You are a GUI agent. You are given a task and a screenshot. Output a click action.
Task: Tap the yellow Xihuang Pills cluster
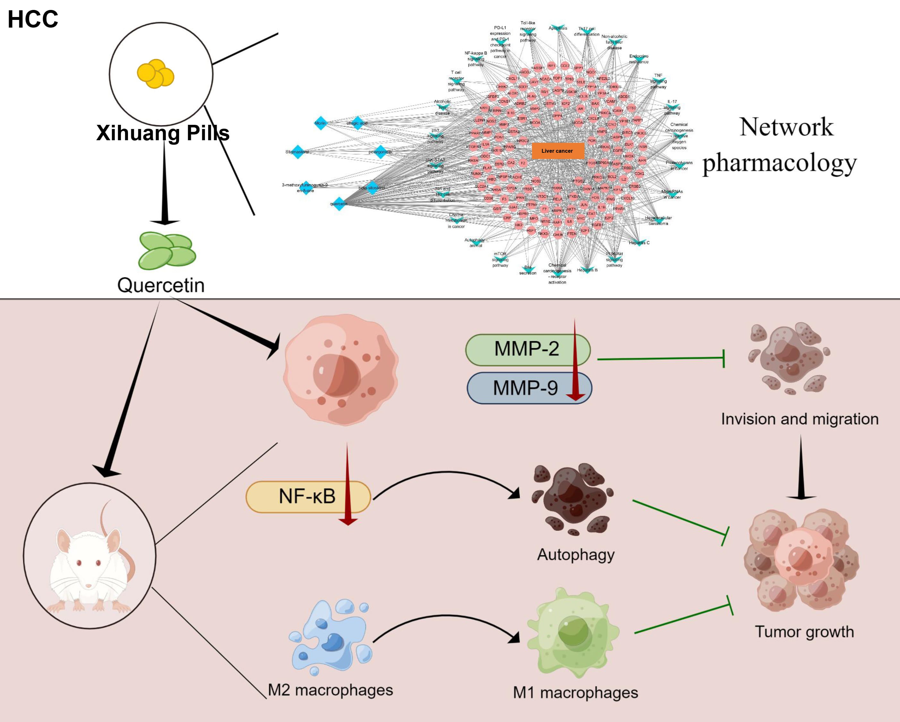click(155, 74)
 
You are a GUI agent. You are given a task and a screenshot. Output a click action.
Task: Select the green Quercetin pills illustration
click(167, 251)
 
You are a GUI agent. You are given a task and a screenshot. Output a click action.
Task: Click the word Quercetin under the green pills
click(161, 285)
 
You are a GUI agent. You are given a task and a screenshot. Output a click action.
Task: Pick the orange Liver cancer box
click(557, 151)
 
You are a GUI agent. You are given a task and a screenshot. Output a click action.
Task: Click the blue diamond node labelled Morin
click(321, 123)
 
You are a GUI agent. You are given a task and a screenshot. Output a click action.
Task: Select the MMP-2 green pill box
click(527, 349)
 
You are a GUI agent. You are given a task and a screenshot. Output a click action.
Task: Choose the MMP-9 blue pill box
click(526, 388)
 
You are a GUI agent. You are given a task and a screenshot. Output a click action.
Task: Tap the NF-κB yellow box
click(308, 496)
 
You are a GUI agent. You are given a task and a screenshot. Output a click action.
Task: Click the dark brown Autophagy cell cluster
click(572, 499)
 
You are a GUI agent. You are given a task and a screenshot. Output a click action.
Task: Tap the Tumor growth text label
click(804, 632)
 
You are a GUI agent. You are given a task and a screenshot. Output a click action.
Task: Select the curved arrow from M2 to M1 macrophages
click(447, 617)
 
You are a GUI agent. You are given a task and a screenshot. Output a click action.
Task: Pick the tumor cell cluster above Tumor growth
click(801, 560)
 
